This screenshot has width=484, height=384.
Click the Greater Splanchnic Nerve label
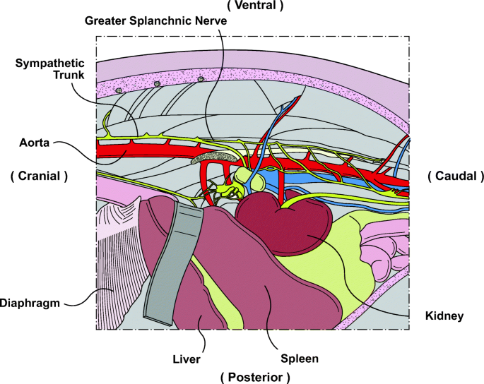156,20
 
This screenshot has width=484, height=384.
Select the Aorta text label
35,143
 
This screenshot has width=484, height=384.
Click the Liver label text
187,359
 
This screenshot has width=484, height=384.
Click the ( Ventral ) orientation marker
255,6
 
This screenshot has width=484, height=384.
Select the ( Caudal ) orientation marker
456,175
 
